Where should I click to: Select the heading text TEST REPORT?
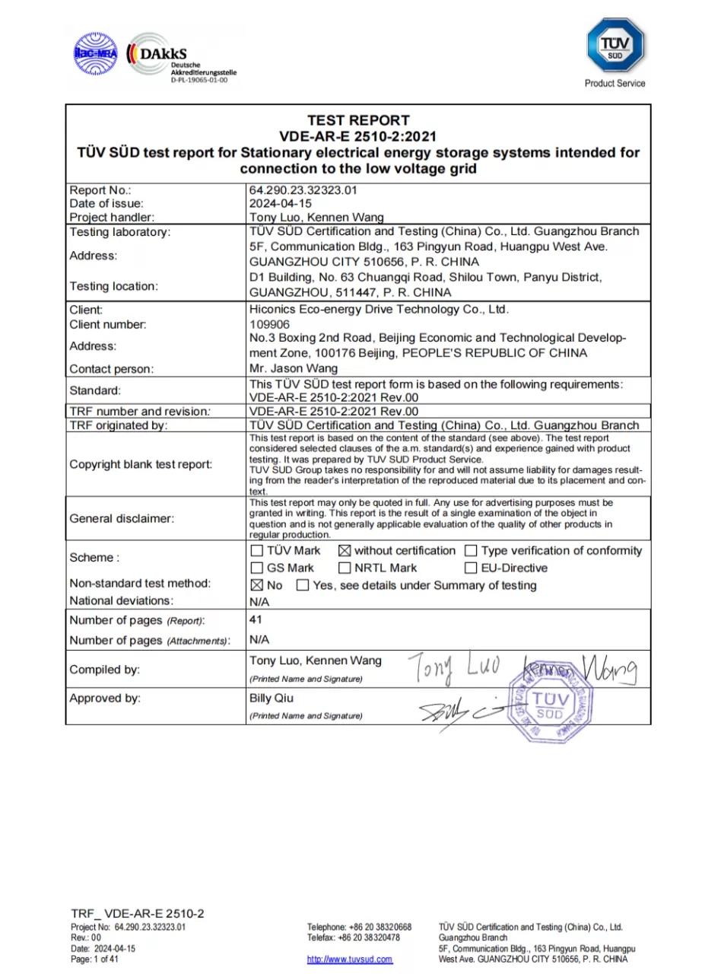point(358,120)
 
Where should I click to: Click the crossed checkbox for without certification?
point(344,551)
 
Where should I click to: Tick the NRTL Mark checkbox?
point(344,568)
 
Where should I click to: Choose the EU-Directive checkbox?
point(471,568)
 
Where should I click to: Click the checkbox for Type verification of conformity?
point(471,551)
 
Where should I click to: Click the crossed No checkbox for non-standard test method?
point(256,586)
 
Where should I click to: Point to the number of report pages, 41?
point(256,620)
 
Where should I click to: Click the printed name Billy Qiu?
point(271,699)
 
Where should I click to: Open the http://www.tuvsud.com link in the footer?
point(350,960)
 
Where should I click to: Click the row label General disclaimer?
point(122,519)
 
